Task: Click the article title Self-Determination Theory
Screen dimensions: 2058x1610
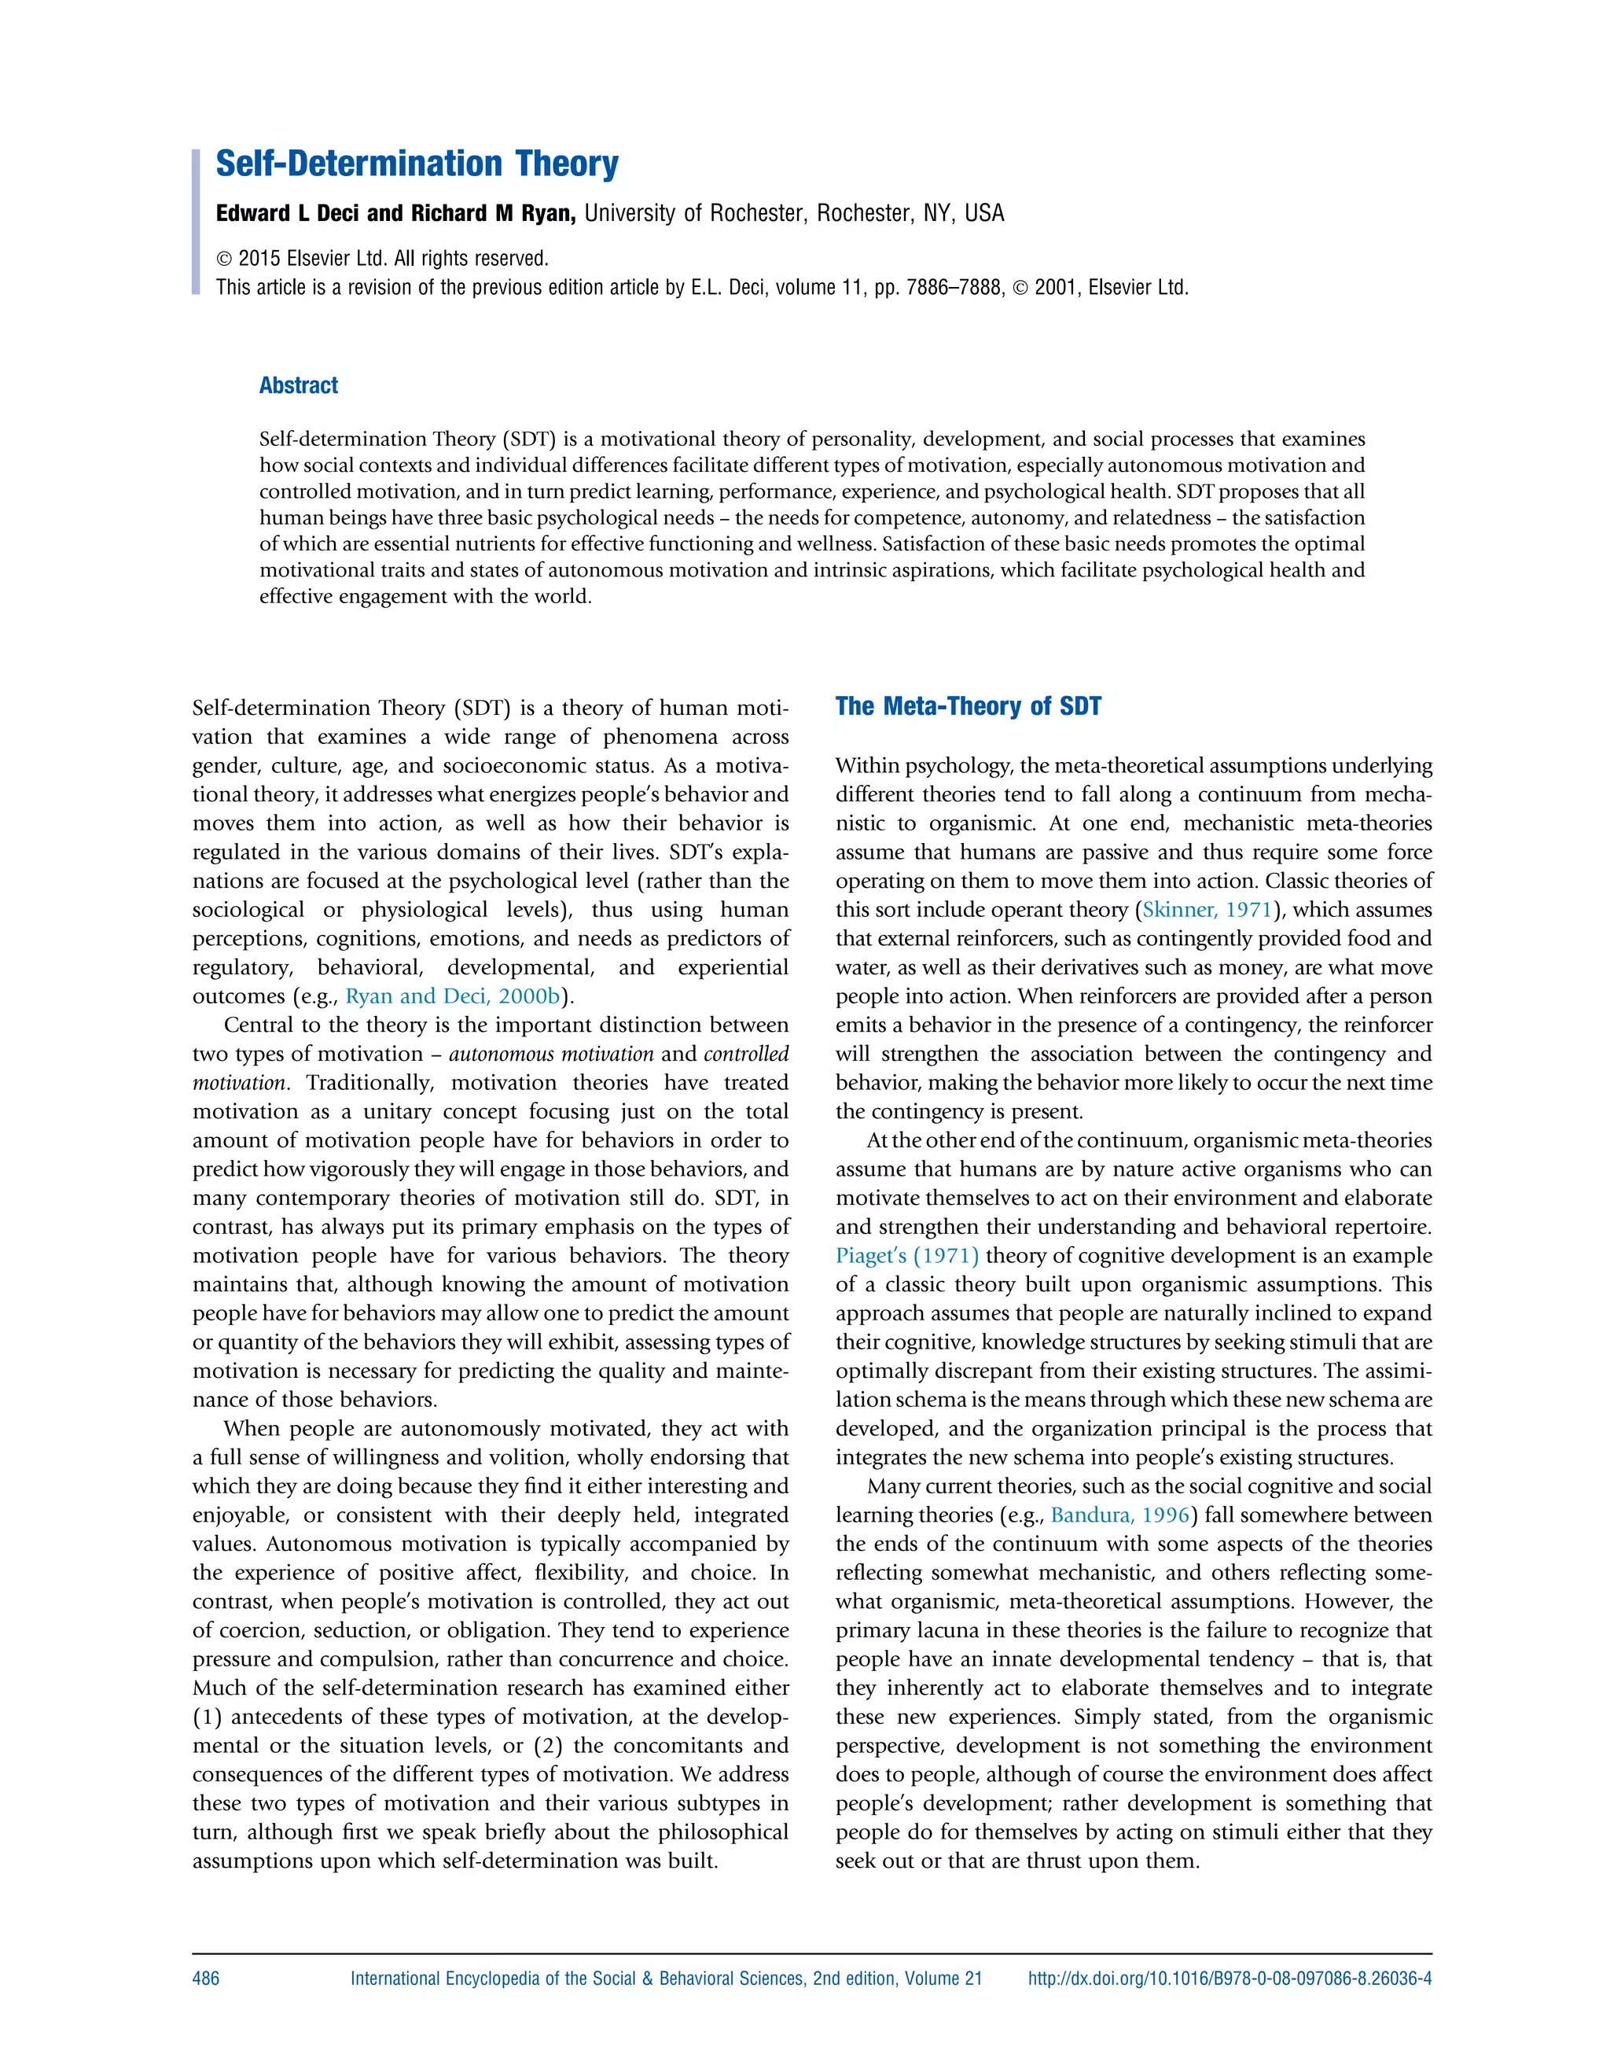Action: click(417, 164)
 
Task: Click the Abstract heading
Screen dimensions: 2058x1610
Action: click(298, 385)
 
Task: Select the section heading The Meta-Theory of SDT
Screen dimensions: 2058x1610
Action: click(968, 707)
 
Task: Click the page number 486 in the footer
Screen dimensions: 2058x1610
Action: click(205, 1979)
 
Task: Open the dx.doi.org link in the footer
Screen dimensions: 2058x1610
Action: click(1230, 1979)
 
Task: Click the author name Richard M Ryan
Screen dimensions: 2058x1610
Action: click(492, 214)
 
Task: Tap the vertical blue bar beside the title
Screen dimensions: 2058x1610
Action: click(196, 222)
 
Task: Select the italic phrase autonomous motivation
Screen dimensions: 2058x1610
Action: click(551, 1054)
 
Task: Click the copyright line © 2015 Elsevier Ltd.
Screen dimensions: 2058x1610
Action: click(382, 258)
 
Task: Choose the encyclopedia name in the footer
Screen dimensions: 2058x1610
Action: click(666, 1979)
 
